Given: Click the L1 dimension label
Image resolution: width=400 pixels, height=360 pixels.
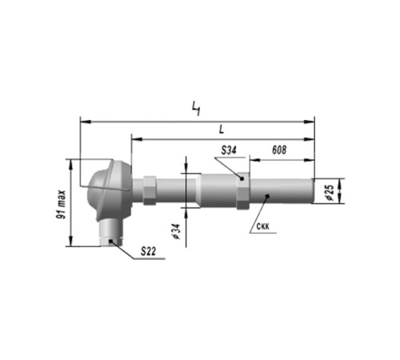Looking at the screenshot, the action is tap(196, 109).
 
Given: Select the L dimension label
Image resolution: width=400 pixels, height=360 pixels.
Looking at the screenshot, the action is tap(222, 130).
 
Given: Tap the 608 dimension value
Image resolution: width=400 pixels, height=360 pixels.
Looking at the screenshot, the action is tap(279, 150).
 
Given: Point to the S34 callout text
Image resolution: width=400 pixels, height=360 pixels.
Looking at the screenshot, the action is tap(229, 150).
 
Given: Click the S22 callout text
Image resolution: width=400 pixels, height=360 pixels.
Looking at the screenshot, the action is tap(148, 251).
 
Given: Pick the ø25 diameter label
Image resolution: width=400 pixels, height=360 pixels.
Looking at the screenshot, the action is tap(330, 192).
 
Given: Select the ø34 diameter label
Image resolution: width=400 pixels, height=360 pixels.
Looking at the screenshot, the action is tap(176, 231).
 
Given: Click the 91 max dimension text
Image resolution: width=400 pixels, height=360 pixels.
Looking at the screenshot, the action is tap(61, 205).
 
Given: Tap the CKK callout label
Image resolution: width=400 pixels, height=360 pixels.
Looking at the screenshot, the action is tap(263, 226).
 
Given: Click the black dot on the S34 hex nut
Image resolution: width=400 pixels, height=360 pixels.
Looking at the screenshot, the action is tap(242, 178).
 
